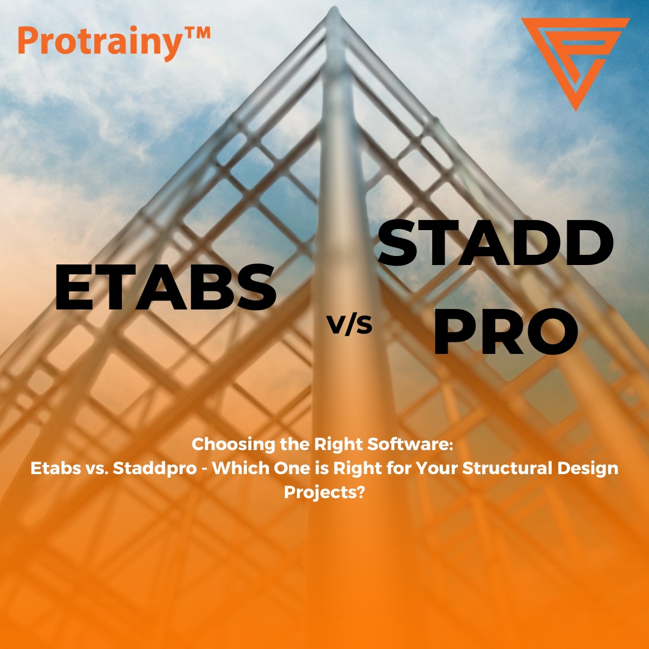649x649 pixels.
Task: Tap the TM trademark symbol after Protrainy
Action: (x=196, y=33)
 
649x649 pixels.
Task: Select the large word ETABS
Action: (x=166, y=287)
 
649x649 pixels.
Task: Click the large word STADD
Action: (x=495, y=243)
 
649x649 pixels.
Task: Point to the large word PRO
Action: (x=505, y=331)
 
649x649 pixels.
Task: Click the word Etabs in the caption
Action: (x=56, y=468)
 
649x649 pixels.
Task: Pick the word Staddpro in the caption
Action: (x=155, y=469)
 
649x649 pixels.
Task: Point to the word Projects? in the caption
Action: (x=324, y=493)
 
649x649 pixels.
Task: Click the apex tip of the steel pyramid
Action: (x=334, y=7)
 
